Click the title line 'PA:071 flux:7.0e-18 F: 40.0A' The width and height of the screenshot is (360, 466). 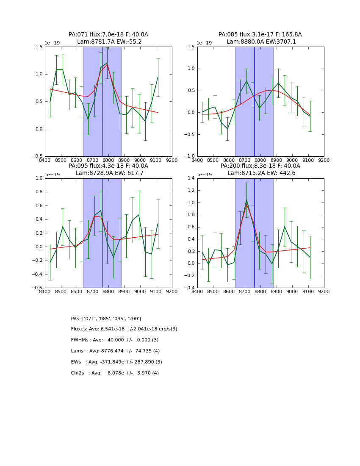pos(108,35)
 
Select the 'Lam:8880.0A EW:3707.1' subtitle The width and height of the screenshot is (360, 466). pos(260,42)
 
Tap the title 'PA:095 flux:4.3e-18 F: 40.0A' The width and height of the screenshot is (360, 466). pos(108,166)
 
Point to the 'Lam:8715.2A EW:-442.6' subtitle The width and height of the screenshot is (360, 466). pos(260,173)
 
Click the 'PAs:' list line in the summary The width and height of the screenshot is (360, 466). pos(106,319)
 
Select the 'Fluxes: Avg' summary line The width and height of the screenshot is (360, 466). pos(124,329)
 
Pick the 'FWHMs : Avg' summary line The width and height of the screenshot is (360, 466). pos(114,340)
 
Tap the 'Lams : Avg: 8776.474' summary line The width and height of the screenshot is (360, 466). pos(115,351)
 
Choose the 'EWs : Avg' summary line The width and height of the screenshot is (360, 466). pos(116,362)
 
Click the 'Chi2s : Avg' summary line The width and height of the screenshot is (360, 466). pos(115,373)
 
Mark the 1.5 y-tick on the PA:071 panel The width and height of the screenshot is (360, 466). pos(39,47)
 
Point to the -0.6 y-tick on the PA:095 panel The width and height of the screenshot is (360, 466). pos(38,288)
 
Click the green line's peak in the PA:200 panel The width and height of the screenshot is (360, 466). pos(246,200)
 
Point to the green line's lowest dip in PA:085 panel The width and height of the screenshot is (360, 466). pos(227,129)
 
